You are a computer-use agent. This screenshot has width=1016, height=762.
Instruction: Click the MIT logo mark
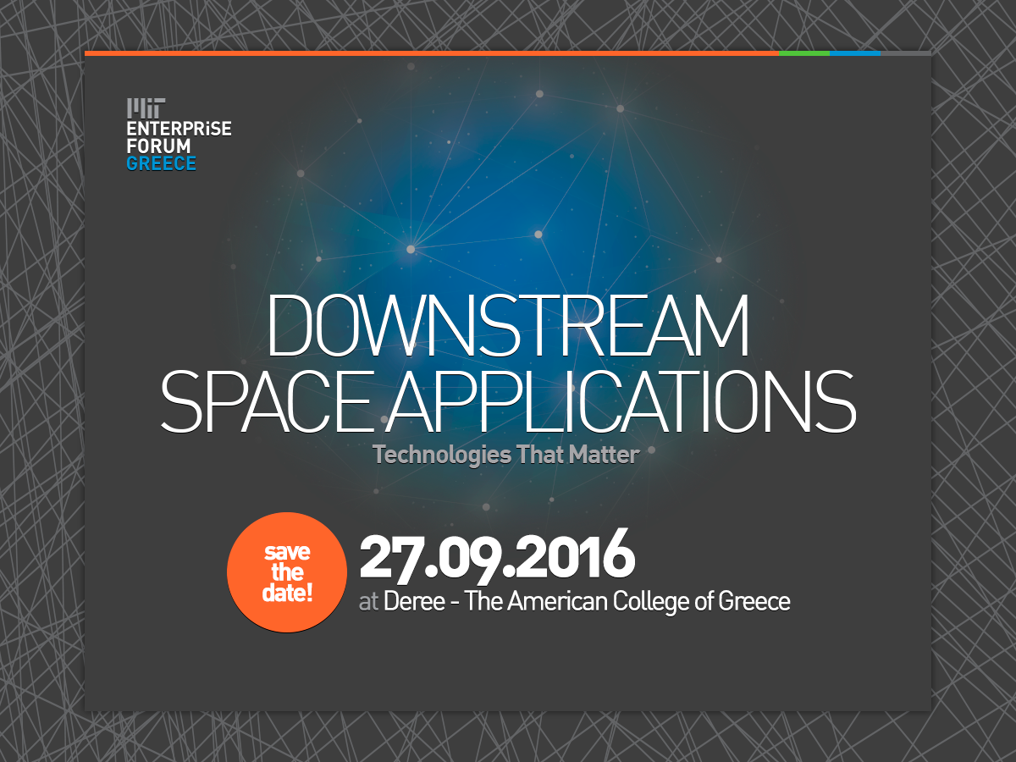(146, 108)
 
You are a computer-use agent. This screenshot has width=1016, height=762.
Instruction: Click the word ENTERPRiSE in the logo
(179, 129)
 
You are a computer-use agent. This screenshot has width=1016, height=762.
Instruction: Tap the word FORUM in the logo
(159, 146)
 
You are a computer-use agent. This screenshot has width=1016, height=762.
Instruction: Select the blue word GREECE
(162, 163)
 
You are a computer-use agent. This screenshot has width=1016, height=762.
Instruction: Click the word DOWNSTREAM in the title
(508, 325)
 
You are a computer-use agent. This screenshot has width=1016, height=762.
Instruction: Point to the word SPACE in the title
(267, 401)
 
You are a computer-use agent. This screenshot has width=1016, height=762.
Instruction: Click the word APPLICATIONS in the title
(621, 401)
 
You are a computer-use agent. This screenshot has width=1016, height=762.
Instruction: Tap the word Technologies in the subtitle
(442, 456)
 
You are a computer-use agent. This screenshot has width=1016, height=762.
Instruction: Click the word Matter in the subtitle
(604, 455)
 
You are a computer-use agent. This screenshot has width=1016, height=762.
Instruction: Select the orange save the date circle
(287, 572)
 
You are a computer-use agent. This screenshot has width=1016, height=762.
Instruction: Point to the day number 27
(387, 557)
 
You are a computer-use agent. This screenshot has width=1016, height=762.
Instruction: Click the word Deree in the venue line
(414, 601)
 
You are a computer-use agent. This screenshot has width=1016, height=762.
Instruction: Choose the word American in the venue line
(558, 601)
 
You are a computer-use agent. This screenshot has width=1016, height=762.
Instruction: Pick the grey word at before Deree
(368, 602)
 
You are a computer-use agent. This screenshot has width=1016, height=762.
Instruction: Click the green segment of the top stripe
(804, 53)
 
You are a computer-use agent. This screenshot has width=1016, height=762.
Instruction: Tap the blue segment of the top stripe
(855, 53)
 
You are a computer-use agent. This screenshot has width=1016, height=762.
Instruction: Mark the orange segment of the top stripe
(432, 53)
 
